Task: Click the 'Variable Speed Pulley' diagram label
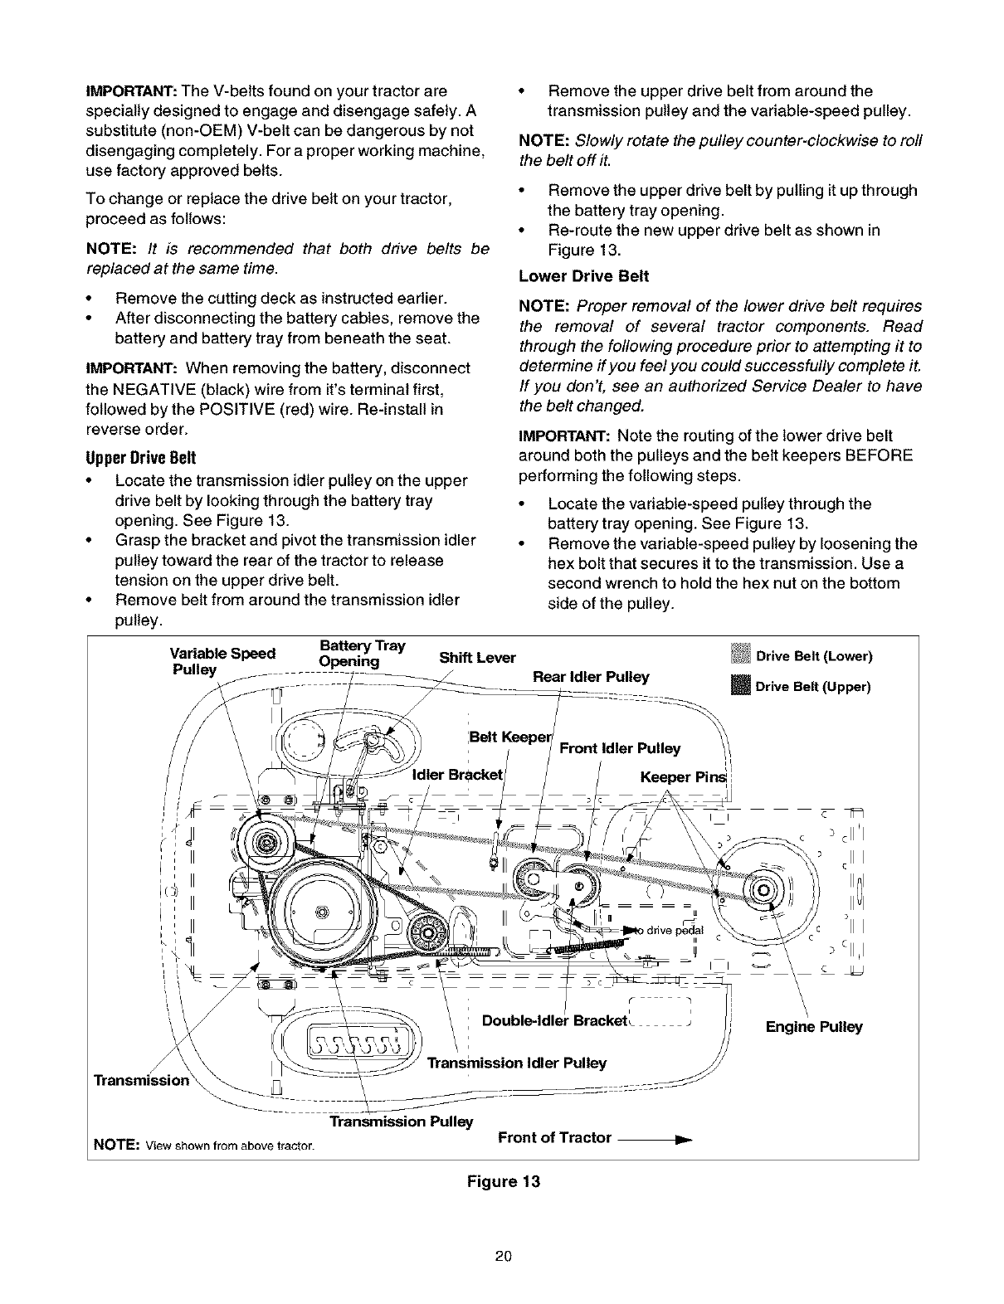tap(222, 660)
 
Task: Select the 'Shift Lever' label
tap(477, 658)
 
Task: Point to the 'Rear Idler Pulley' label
tap(591, 676)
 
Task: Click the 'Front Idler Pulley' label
tap(620, 748)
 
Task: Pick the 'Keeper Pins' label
tap(682, 777)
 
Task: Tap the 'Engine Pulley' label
tap(814, 1027)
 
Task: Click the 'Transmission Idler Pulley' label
tap(516, 1063)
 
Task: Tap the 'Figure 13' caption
tap(504, 1181)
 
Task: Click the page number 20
tap(502, 1278)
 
